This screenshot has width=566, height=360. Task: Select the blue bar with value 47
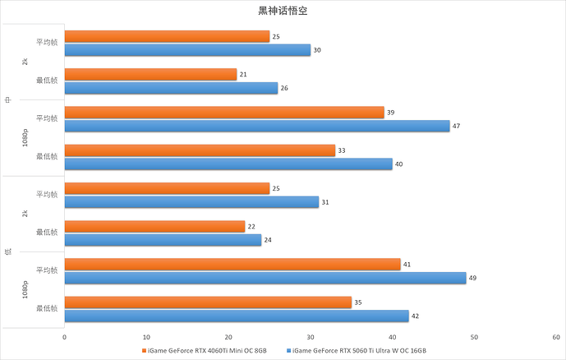(257, 126)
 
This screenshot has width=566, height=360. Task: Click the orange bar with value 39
(224, 113)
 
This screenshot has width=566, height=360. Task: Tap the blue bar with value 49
(265, 278)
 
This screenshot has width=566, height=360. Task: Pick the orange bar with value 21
(150, 75)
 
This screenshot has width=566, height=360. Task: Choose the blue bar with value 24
(163, 240)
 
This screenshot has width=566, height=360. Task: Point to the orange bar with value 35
(208, 302)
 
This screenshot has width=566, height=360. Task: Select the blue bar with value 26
(171, 88)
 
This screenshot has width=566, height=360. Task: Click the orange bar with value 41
(232, 265)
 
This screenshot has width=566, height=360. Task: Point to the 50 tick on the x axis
(475, 337)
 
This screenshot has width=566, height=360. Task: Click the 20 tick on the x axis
(228, 337)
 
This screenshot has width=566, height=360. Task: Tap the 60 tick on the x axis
(556, 337)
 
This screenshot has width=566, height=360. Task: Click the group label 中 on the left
(7, 99)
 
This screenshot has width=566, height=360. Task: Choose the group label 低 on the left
(7, 252)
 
